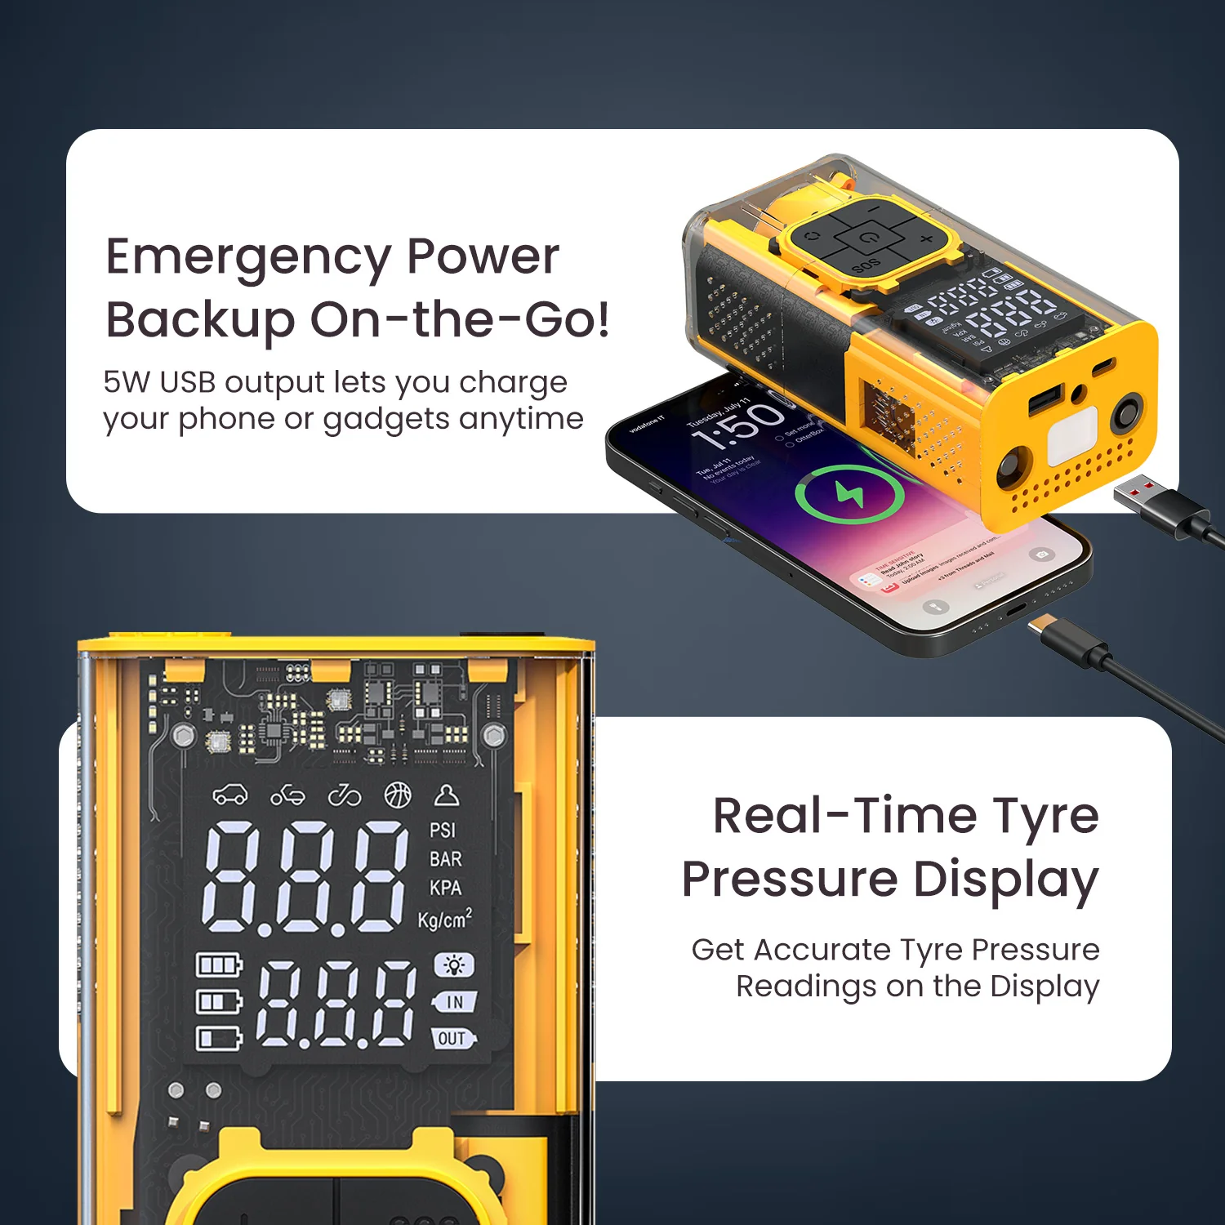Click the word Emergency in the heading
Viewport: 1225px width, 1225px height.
[x=248, y=258]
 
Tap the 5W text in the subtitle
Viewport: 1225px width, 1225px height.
[x=123, y=382]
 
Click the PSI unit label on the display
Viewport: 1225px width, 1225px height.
[x=443, y=831]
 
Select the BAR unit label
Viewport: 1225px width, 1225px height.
[x=445, y=859]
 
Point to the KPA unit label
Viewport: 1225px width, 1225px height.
[x=445, y=888]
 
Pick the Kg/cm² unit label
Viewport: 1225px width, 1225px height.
[x=444, y=920]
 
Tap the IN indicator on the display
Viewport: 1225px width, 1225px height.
[x=454, y=1002]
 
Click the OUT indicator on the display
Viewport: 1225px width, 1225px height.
[x=452, y=1039]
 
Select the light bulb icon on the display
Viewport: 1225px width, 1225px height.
[x=453, y=965]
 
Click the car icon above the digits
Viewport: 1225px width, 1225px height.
[x=230, y=795]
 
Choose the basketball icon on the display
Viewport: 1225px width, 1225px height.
[x=398, y=795]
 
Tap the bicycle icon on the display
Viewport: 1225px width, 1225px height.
[x=344, y=795]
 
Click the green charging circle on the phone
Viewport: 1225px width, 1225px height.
[x=849, y=494]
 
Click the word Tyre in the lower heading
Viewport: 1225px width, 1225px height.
[x=1045, y=817]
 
